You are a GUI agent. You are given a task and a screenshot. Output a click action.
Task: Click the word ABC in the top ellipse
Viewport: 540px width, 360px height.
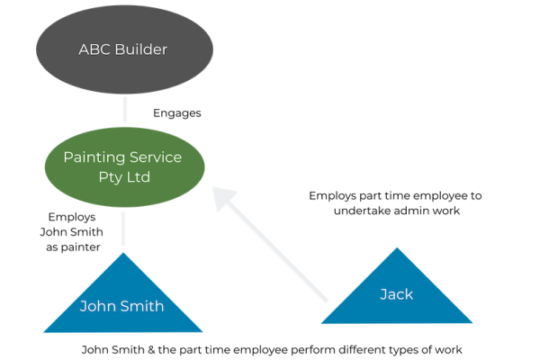[95, 49]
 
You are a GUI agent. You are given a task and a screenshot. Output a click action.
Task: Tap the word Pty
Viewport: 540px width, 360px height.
[109, 177]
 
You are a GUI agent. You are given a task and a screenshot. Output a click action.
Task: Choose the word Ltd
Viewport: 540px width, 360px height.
[137, 177]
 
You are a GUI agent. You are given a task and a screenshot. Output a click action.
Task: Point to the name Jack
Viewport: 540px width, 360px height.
[396, 294]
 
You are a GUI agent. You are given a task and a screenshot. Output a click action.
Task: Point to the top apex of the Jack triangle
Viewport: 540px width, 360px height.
[396, 247]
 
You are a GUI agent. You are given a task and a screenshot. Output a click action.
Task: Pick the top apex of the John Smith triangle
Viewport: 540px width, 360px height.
[122, 253]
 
